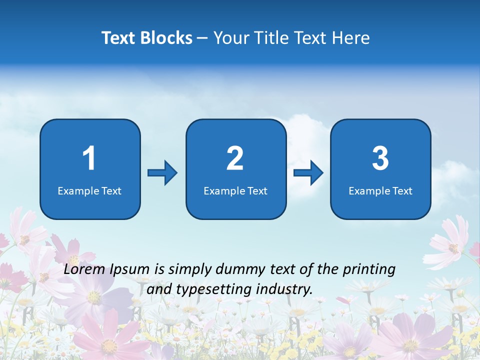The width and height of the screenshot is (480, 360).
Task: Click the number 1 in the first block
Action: [89, 158]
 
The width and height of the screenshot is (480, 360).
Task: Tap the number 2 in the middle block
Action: [235, 158]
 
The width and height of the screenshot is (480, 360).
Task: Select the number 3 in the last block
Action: [380, 158]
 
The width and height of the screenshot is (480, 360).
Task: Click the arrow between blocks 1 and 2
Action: [162, 173]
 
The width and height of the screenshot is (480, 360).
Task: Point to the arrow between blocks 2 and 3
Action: [308, 173]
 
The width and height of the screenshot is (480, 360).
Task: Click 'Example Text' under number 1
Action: [89, 191]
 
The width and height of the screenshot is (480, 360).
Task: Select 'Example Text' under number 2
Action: [235, 191]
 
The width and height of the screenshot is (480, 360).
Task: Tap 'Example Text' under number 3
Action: [380, 191]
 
